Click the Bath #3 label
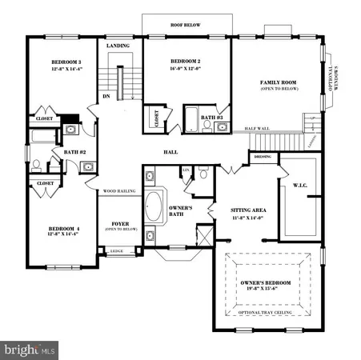pos(211,118)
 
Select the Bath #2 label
pos(63,152)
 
